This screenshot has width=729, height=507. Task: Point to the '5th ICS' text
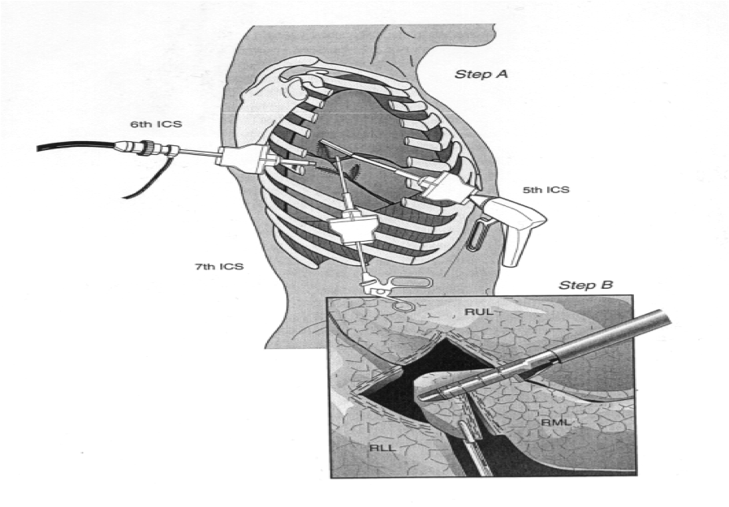[546, 190]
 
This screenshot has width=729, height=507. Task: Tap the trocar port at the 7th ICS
[351, 230]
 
